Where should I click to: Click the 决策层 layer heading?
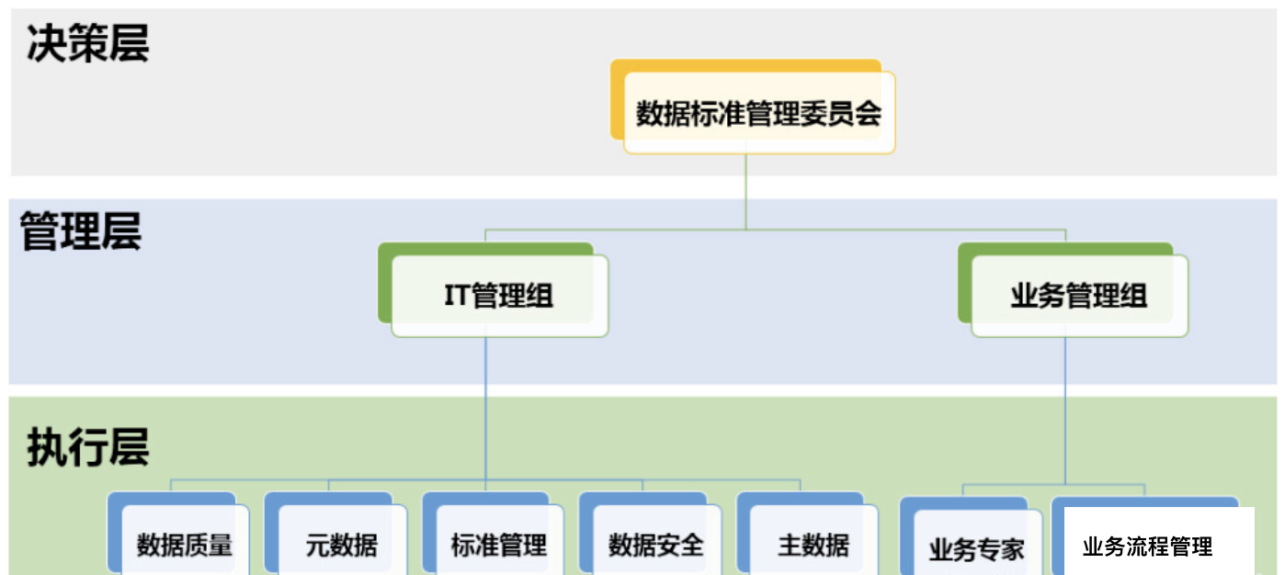click(x=87, y=43)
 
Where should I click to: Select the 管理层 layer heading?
click(x=81, y=231)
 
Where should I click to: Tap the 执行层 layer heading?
click(x=87, y=448)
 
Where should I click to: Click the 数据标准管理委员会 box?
click(x=759, y=114)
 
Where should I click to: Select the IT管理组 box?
click(x=499, y=296)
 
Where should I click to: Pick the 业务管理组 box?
click(x=1079, y=296)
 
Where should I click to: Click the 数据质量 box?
click(x=185, y=545)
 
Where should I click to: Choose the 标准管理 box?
click(x=499, y=545)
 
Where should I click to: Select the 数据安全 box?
click(x=656, y=545)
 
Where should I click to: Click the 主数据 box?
click(x=813, y=545)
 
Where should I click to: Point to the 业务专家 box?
click(x=976, y=549)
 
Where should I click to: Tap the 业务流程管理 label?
click(x=1148, y=547)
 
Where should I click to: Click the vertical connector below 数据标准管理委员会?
click(x=746, y=191)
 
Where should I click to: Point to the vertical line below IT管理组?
click(x=486, y=404)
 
